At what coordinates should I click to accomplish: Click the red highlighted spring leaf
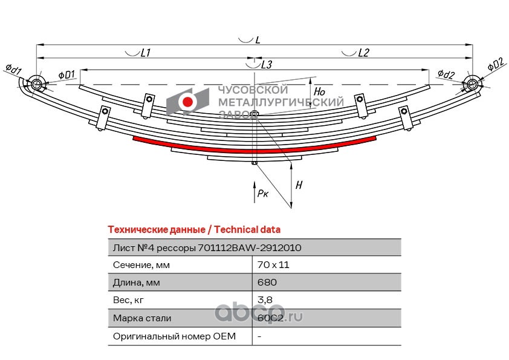254,149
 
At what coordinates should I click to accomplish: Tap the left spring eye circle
36,84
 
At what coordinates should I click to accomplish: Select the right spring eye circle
472,84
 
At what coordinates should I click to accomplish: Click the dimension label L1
145,53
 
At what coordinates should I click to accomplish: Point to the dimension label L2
363,53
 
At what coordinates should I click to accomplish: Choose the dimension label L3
266,64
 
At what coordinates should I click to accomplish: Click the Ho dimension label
320,92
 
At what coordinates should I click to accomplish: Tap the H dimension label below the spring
299,186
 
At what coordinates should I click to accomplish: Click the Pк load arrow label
262,194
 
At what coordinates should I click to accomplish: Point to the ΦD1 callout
66,75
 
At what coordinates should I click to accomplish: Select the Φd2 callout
446,75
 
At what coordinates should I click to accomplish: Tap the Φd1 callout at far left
13,68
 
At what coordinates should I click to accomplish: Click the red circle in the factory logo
188,102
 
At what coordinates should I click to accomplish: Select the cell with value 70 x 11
269,265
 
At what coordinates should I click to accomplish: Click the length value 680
265,283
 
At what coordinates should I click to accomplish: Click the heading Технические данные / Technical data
193,230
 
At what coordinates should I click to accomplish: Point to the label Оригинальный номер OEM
174,336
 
